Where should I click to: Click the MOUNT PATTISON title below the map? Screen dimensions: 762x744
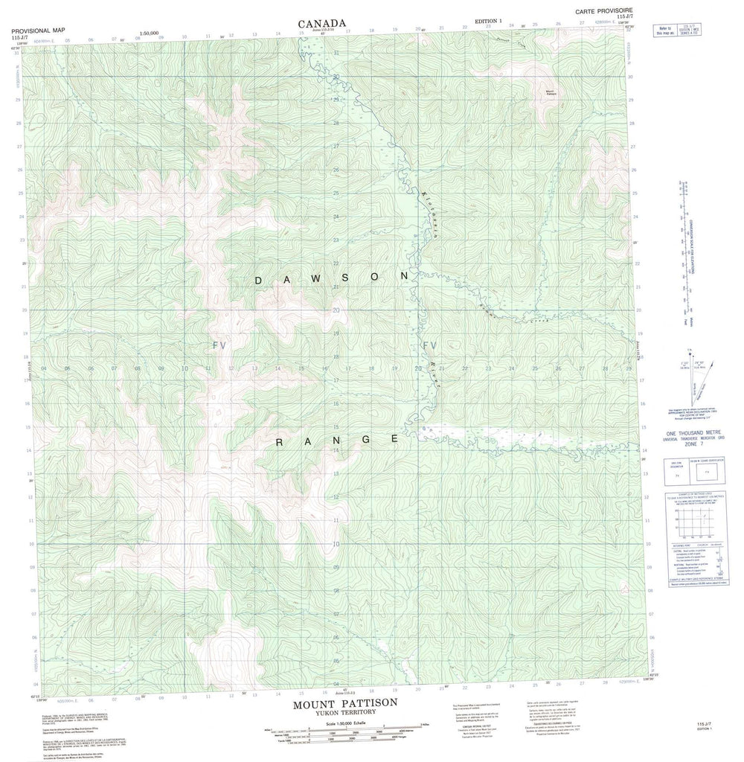(344, 702)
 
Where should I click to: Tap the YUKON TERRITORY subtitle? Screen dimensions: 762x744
(344, 712)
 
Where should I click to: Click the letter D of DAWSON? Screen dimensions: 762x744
(259, 281)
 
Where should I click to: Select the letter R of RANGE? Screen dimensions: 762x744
(280, 443)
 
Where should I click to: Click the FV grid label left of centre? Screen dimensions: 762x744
(218, 345)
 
